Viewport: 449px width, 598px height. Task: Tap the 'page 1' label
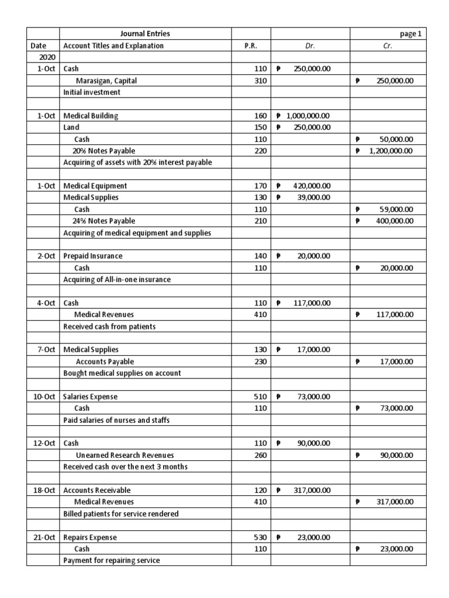[410, 34]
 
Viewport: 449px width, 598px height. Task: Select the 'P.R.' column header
[251, 46]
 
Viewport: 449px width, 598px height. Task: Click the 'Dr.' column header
[310, 46]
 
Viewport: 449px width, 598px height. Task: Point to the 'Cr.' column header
[388, 46]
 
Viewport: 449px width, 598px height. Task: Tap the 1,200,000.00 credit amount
[388, 151]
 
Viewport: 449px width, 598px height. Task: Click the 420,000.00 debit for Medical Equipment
[312, 186]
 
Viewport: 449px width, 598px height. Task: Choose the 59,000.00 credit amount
[396, 209]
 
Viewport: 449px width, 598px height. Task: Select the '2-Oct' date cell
[46, 256]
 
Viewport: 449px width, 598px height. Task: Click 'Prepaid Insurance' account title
[93, 256]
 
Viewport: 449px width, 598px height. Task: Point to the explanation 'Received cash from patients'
[109, 326]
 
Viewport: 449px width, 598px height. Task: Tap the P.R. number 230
[260, 361]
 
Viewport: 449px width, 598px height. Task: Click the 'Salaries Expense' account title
[90, 397]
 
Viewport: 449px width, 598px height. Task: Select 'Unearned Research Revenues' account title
[125, 455]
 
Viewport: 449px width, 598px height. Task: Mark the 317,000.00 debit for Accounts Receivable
[312, 490]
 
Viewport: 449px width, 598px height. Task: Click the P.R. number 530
[260, 537]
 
